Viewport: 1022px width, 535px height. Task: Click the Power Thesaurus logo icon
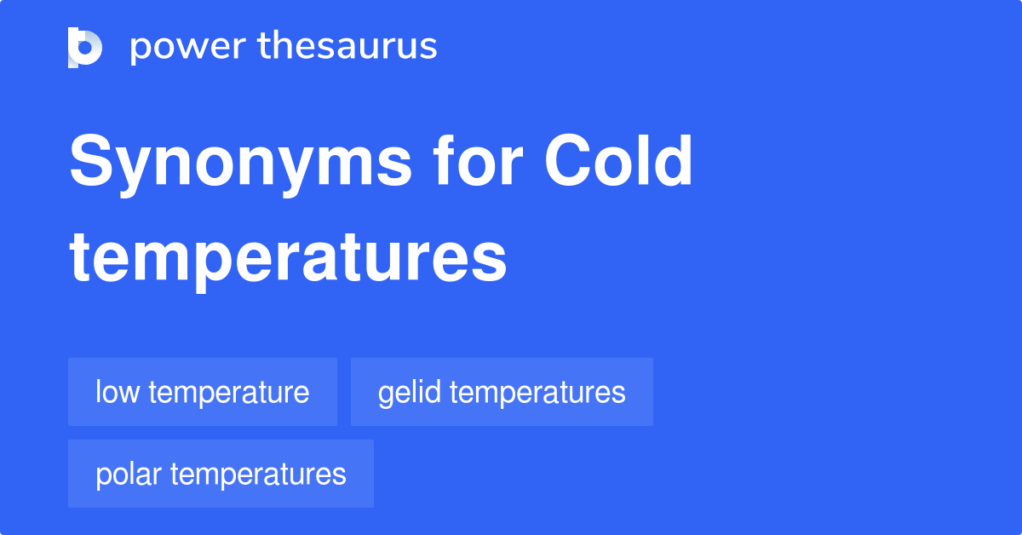(85, 47)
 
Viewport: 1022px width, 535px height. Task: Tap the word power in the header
(186, 47)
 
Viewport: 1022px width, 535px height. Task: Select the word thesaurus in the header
(347, 47)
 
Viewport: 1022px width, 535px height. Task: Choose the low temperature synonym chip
(203, 392)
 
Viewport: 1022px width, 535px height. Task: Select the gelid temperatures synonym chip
(502, 392)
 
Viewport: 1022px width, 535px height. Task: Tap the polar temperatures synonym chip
(221, 474)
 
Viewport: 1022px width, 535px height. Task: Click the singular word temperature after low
(227, 393)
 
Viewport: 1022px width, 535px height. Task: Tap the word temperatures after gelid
(537, 393)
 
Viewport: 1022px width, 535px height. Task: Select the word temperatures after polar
(258, 475)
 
